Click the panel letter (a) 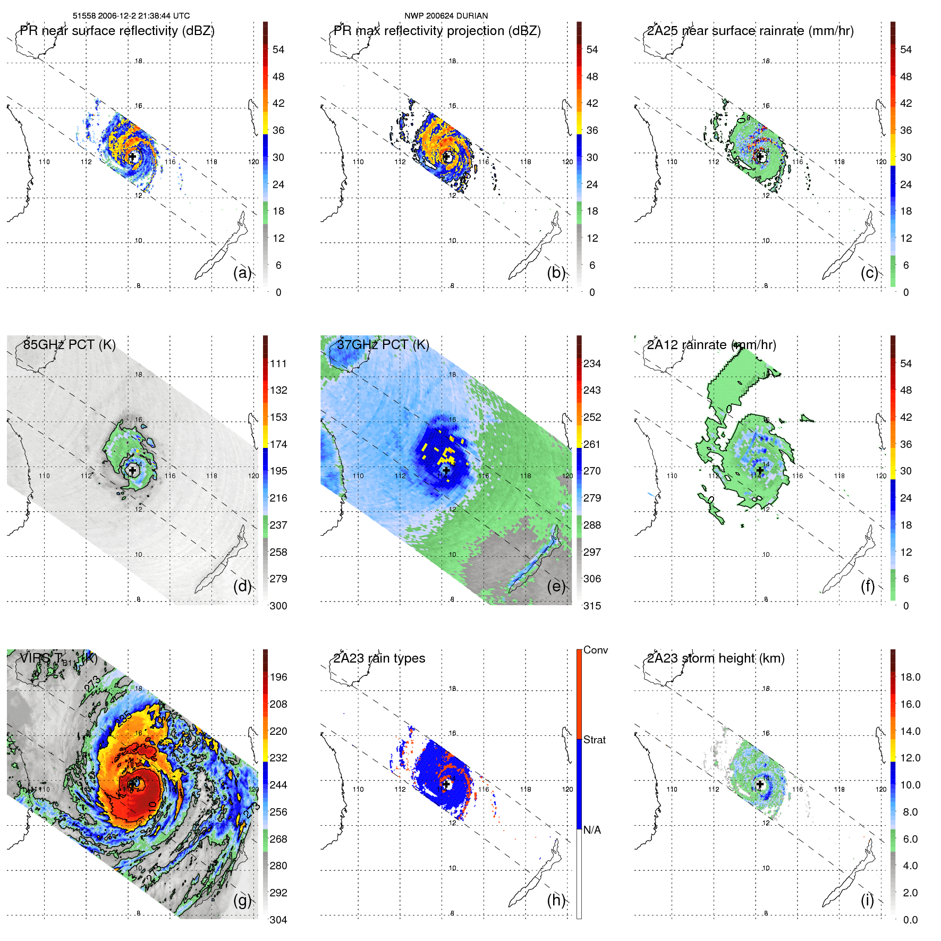point(242,273)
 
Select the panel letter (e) point(556,587)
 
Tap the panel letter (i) point(867,900)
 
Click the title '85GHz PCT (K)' point(69,344)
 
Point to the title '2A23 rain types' point(379,658)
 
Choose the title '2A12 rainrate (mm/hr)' point(711,345)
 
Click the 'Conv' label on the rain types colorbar point(595,650)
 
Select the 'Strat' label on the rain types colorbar point(594,740)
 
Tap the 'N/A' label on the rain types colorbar point(592,830)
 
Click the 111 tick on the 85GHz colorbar point(278,363)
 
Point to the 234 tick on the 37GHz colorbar point(592,363)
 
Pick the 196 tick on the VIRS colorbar point(278,677)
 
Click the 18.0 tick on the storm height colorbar point(910,677)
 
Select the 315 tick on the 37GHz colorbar point(592,606)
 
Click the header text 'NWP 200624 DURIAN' point(446,16)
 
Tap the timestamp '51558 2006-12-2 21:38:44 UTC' point(131,16)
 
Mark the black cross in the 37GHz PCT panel point(446,470)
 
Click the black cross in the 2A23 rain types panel point(446,784)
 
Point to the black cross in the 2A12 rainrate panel point(760,470)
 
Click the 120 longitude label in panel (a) point(253,162)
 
